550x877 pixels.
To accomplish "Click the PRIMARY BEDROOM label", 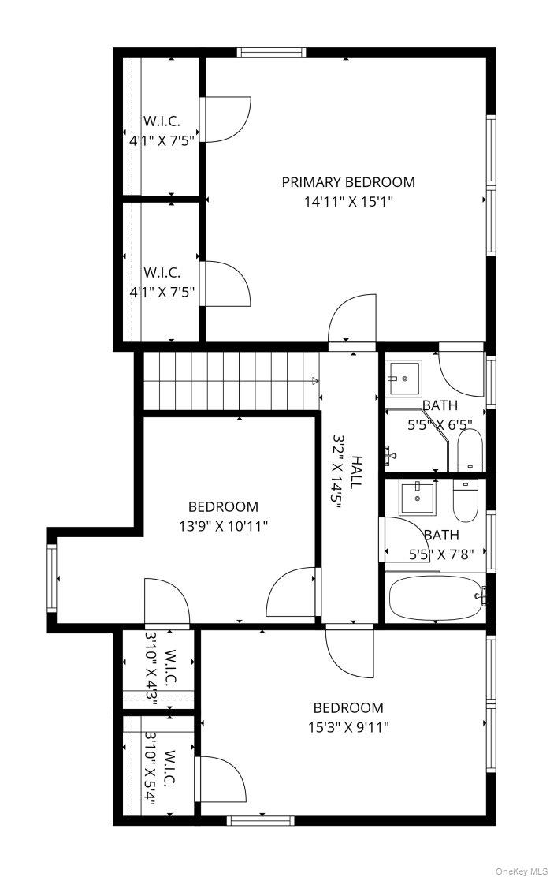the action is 347,181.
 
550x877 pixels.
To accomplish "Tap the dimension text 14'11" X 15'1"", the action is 347,201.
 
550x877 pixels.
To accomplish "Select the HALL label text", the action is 356,472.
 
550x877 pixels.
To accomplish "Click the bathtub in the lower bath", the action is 436,598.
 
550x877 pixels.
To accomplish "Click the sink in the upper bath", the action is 403,379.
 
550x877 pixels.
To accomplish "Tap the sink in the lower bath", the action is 417,498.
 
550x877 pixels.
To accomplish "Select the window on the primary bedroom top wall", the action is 271,53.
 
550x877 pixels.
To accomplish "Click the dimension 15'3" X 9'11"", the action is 348,728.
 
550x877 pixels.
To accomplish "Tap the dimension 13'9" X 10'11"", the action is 224,526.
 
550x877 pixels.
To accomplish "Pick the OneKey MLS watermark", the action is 522,871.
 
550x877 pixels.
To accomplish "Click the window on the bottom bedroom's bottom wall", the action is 261,820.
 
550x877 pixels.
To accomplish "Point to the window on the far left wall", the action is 52,578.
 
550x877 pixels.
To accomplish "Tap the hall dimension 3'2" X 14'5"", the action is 337,472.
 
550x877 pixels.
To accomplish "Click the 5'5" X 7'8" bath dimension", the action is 441,555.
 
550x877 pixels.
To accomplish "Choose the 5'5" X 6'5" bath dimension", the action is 440,424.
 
